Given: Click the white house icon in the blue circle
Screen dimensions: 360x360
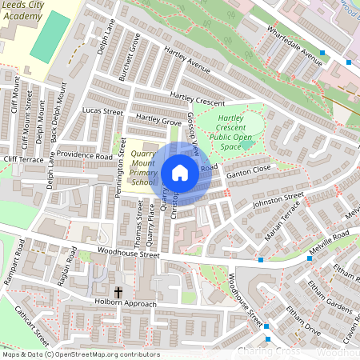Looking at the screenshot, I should coord(180,173).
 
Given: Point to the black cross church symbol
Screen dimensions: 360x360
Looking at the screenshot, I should coord(118,293).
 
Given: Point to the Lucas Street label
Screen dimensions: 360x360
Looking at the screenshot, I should coord(102,111).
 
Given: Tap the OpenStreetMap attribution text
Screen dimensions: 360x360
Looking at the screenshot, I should coord(80,354).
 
